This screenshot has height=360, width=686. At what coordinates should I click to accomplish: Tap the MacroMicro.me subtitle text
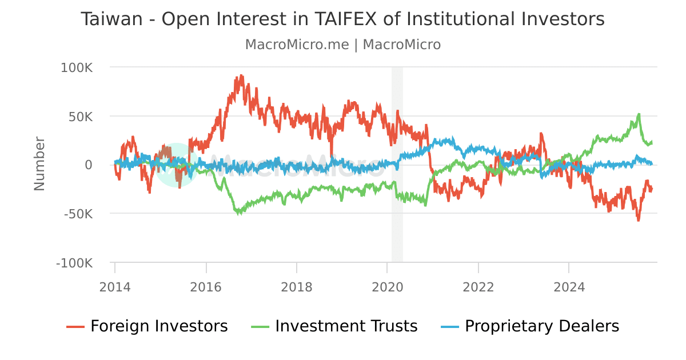(x=296, y=45)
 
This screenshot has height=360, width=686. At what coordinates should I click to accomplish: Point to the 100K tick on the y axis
(x=77, y=67)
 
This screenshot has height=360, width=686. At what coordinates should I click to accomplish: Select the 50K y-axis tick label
(x=80, y=117)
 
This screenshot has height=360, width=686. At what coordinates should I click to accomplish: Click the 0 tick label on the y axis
(x=88, y=165)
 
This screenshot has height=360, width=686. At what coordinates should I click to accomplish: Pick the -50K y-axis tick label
(x=78, y=214)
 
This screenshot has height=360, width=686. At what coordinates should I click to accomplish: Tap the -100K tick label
(x=74, y=263)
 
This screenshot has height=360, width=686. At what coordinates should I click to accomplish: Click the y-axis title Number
(x=39, y=163)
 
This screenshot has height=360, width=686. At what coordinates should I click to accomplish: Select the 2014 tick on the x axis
(x=115, y=286)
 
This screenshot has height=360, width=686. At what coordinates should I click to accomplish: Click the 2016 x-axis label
(x=206, y=286)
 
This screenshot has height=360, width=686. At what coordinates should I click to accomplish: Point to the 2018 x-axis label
(x=297, y=286)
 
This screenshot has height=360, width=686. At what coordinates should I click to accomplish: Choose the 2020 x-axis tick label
(x=388, y=286)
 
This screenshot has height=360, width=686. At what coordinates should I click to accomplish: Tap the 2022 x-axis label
(x=478, y=286)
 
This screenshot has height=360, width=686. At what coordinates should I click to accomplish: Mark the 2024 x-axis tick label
(x=569, y=286)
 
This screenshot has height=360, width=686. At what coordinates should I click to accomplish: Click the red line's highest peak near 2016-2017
(x=241, y=75)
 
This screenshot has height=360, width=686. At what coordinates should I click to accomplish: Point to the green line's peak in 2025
(x=639, y=114)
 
